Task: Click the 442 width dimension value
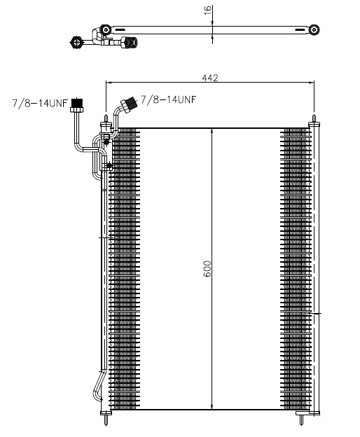210,78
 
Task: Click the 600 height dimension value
207,269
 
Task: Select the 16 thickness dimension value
208,11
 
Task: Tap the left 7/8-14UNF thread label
40,103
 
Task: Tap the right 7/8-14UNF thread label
168,99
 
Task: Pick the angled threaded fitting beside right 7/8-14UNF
128,105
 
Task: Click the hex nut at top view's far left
76,42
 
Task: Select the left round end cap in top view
106,29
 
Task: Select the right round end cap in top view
314,29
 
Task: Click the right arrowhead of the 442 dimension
311,83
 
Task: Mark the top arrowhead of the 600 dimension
212,132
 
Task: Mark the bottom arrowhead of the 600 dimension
212,406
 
